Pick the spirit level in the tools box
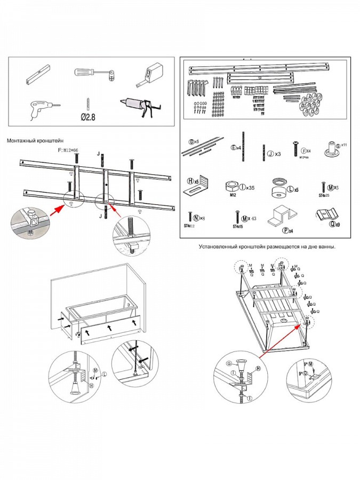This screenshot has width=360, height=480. click(37, 75)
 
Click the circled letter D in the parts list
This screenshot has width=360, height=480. click(191, 142)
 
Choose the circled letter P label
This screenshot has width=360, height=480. click(286, 230)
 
